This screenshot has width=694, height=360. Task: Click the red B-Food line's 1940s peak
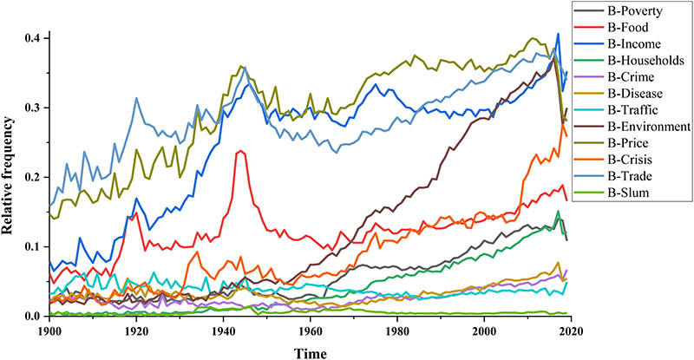click(x=240, y=152)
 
